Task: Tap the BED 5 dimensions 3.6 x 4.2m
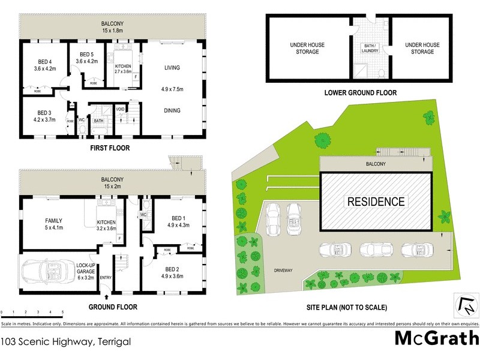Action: (x=86, y=61)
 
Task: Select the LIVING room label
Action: (x=172, y=68)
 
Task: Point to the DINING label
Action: (x=172, y=110)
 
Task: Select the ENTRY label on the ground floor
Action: (x=106, y=277)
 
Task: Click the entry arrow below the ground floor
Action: (x=107, y=296)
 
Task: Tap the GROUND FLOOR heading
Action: (x=113, y=307)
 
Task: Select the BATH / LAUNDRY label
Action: (x=369, y=49)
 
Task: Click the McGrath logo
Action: (x=436, y=338)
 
